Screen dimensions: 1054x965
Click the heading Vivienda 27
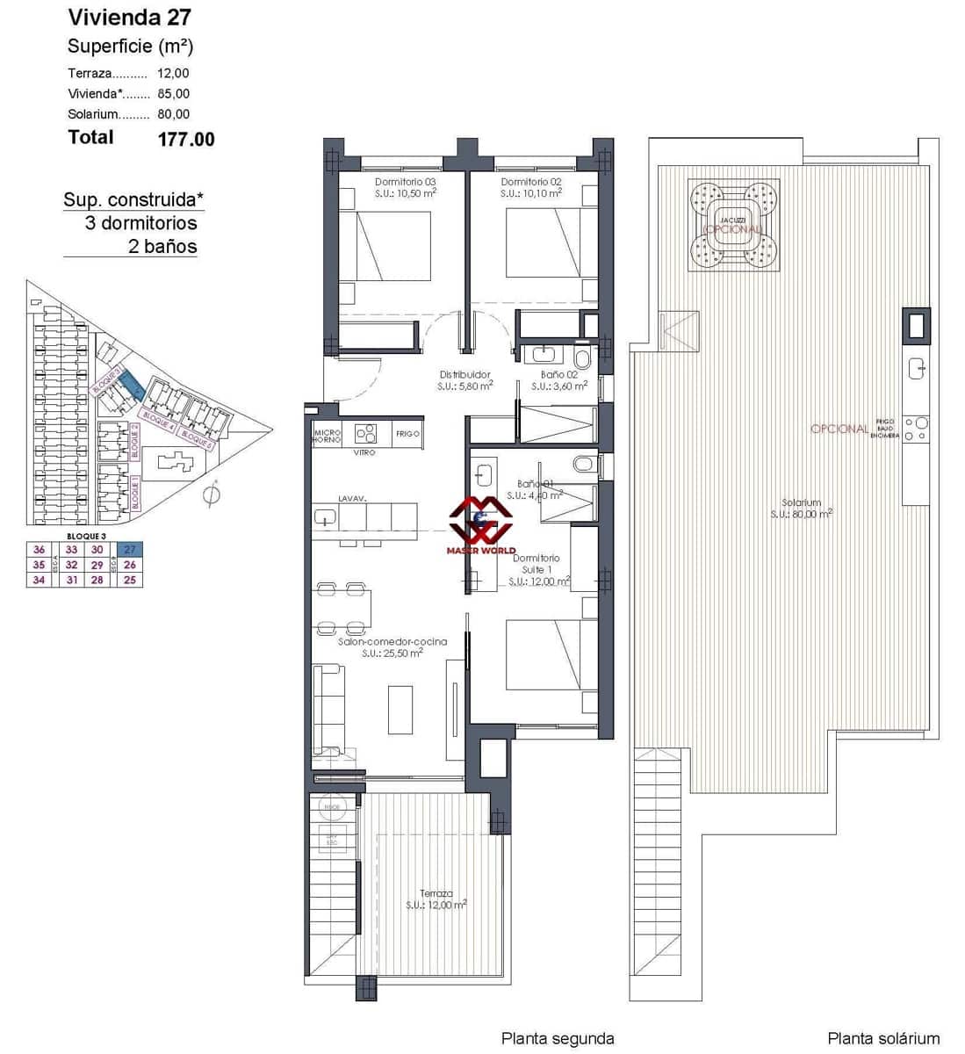(129, 17)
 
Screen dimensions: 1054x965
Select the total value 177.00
(186, 139)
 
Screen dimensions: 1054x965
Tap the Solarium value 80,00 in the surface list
(174, 114)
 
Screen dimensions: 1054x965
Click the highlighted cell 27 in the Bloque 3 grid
(130, 550)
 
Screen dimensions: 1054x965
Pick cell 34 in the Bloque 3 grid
(39, 580)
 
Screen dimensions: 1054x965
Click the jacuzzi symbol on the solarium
(735, 223)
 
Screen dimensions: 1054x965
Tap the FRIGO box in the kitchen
(407, 434)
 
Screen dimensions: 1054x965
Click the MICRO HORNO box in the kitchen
(328, 435)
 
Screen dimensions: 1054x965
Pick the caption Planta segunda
(558, 1038)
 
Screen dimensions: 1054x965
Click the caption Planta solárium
(883, 1038)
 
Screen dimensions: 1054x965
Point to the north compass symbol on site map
(211, 495)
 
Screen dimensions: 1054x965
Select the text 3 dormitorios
(140, 223)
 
